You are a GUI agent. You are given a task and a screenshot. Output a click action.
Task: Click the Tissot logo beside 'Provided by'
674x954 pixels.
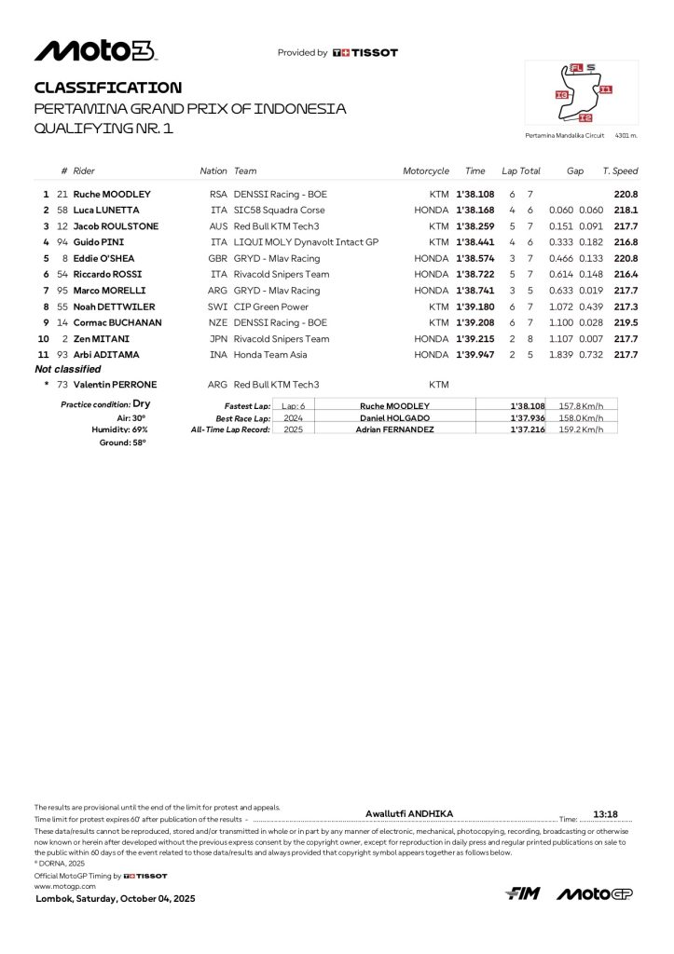click(365, 53)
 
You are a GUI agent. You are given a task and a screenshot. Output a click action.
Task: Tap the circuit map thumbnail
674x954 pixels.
click(582, 93)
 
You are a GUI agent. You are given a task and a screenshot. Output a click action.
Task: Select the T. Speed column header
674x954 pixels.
click(620, 171)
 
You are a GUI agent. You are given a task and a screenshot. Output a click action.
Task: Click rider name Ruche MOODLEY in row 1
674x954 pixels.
click(112, 195)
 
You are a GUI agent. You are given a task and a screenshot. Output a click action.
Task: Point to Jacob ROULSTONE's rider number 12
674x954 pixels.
click(62, 226)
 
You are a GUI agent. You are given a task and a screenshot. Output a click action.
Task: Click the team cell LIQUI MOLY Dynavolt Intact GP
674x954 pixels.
click(306, 242)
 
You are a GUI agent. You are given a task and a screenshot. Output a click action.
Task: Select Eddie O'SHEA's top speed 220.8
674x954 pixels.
click(626, 258)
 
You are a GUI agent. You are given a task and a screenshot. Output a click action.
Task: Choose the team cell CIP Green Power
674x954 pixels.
click(269, 307)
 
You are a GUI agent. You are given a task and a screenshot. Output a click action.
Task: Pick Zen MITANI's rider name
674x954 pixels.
click(103, 339)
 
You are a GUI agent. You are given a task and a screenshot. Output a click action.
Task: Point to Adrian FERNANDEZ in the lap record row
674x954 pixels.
click(394, 429)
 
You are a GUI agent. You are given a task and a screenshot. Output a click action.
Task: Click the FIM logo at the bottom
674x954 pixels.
click(524, 894)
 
